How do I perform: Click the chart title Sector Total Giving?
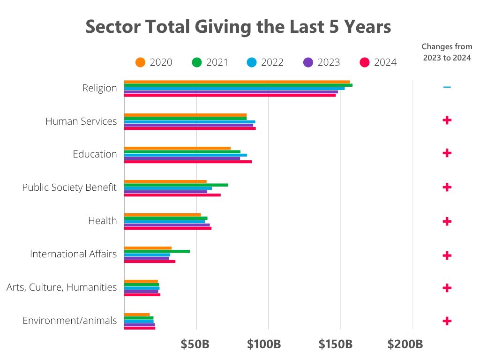tap(238, 27)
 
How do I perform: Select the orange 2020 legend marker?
tap(140, 62)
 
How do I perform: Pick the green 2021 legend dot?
tap(197, 62)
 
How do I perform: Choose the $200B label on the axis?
tap(405, 345)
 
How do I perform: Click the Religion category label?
tap(99, 88)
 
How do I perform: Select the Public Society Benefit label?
tap(69, 187)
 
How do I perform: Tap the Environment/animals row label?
tap(69, 321)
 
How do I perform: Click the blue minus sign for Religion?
tap(447, 87)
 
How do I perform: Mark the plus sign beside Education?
tap(447, 153)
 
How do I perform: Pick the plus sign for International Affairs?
tap(447, 255)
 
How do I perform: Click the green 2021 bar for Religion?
tap(238, 85)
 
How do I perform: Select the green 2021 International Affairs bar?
tap(157, 251)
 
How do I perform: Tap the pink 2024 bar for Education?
tap(187, 162)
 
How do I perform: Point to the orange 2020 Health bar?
tap(162, 215)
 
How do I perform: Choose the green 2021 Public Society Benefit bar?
tap(176, 185)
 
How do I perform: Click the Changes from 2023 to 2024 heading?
tap(447, 52)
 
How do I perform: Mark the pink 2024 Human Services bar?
tap(190, 128)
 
